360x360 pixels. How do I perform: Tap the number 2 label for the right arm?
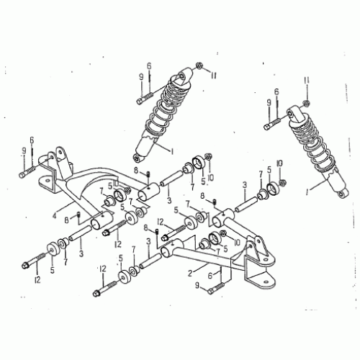pyautogui.click(x=189, y=274)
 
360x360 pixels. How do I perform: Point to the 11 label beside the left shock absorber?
pyautogui.click(x=213, y=73)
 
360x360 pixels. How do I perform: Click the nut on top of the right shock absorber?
pyautogui.click(x=305, y=103)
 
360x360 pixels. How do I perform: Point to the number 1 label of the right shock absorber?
pyautogui.click(x=307, y=193)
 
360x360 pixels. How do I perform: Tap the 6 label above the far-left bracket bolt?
pyautogui.click(x=32, y=140)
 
